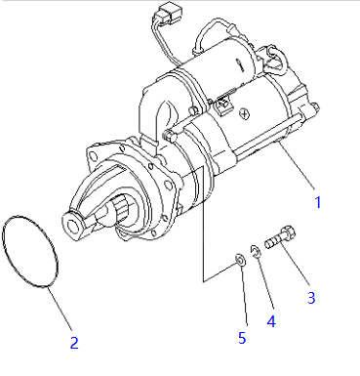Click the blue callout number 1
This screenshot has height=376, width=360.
[318, 202]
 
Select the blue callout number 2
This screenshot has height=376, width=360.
[74, 343]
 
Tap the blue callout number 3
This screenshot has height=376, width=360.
[311, 298]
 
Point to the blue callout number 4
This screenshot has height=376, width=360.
[271, 321]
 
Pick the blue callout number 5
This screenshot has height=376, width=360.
[242, 338]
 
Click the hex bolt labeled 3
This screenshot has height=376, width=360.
[280, 237]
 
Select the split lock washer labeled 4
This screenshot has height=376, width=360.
[256, 252]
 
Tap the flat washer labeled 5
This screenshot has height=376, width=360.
[240, 260]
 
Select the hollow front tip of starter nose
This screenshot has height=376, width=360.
[72, 224]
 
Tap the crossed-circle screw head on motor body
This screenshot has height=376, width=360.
[244, 113]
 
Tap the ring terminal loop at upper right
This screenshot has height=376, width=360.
[277, 59]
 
